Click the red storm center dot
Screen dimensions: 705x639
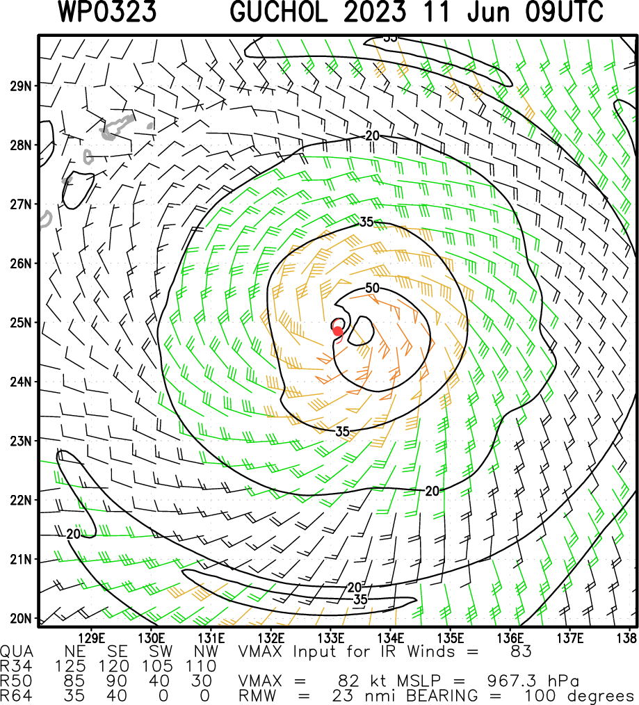(338, 330)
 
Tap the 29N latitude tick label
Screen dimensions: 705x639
(21, 86)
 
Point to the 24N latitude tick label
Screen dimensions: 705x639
(21, 382)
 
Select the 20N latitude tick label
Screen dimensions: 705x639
(21, 618)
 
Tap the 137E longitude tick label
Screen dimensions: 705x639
(569, 638)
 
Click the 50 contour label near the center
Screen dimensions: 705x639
(372, 289)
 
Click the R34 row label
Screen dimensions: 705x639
(15, 667)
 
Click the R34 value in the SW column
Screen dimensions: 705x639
(161, 667)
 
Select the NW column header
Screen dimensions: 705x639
(207, 652)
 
